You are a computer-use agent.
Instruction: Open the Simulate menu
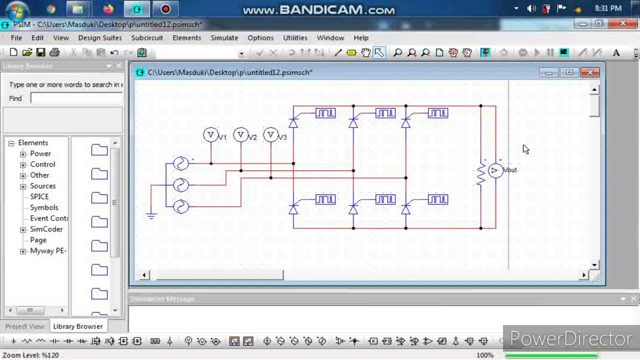coord(224,37)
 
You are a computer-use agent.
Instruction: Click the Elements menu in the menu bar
coord(186,37)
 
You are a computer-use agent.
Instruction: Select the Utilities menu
coord(295,37)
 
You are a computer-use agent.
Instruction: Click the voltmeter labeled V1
coord(210,135)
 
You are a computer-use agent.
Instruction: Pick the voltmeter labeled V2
coord(241,135)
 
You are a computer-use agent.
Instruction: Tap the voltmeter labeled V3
coord(271,135)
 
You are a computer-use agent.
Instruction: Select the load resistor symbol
coord(481,173)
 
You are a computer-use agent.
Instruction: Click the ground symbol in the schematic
coord(151,215)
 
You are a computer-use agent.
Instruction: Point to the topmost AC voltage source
coord(180,163)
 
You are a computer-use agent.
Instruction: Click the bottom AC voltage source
coord(180,206)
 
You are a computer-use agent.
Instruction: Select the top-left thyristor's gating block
coord(325,113)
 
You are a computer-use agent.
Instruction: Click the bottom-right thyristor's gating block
coord(438,200)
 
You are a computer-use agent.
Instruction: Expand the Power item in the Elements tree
coord(23,154)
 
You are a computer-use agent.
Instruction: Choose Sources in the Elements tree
coord(42,186)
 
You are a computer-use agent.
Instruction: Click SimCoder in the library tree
coord(46,229)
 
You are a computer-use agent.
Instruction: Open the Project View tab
coord(24,326)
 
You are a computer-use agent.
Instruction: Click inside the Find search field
coord(76,98)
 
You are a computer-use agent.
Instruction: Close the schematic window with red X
coord(590,73)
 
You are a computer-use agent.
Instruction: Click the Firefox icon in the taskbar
coord(108,9)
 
